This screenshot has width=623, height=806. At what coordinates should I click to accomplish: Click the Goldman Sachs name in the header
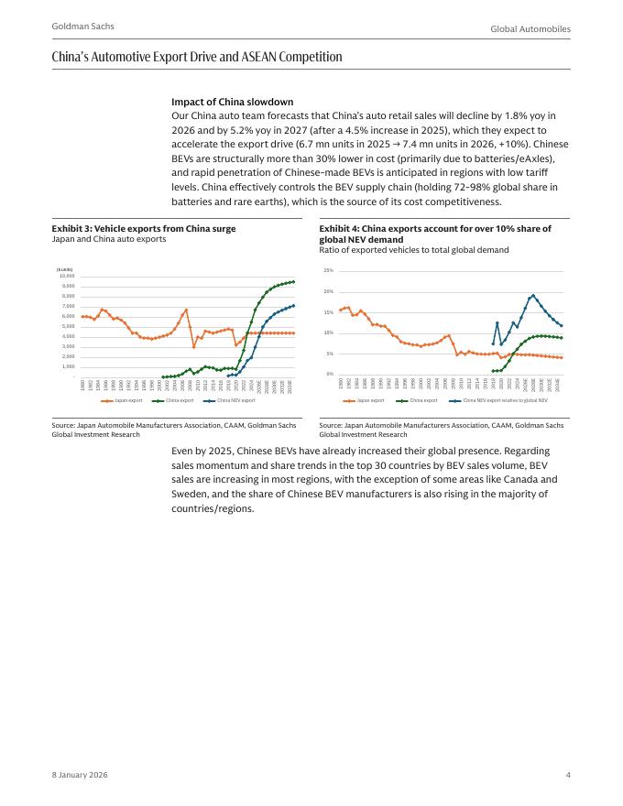pyautogui.click(x=77, y=27)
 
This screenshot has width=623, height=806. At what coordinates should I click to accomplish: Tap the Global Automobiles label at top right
pyautogui.click(x=530, y=29)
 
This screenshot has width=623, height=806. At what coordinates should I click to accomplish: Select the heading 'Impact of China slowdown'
pyautogui.click(x=232, y=102)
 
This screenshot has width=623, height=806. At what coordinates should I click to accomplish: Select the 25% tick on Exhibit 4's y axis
pyautogui.click(x=329, y=271)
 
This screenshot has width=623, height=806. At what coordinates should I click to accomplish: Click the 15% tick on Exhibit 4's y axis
pyautogui.click(x=329, y=312)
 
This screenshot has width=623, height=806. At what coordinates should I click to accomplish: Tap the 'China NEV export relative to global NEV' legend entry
pyautogui.click(x=500, y=400)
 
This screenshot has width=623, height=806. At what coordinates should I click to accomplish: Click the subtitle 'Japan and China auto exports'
pyautogui.click(x=109, y=239)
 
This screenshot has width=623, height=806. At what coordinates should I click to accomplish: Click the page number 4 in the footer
pyautogui.click(x=568, y=776)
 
